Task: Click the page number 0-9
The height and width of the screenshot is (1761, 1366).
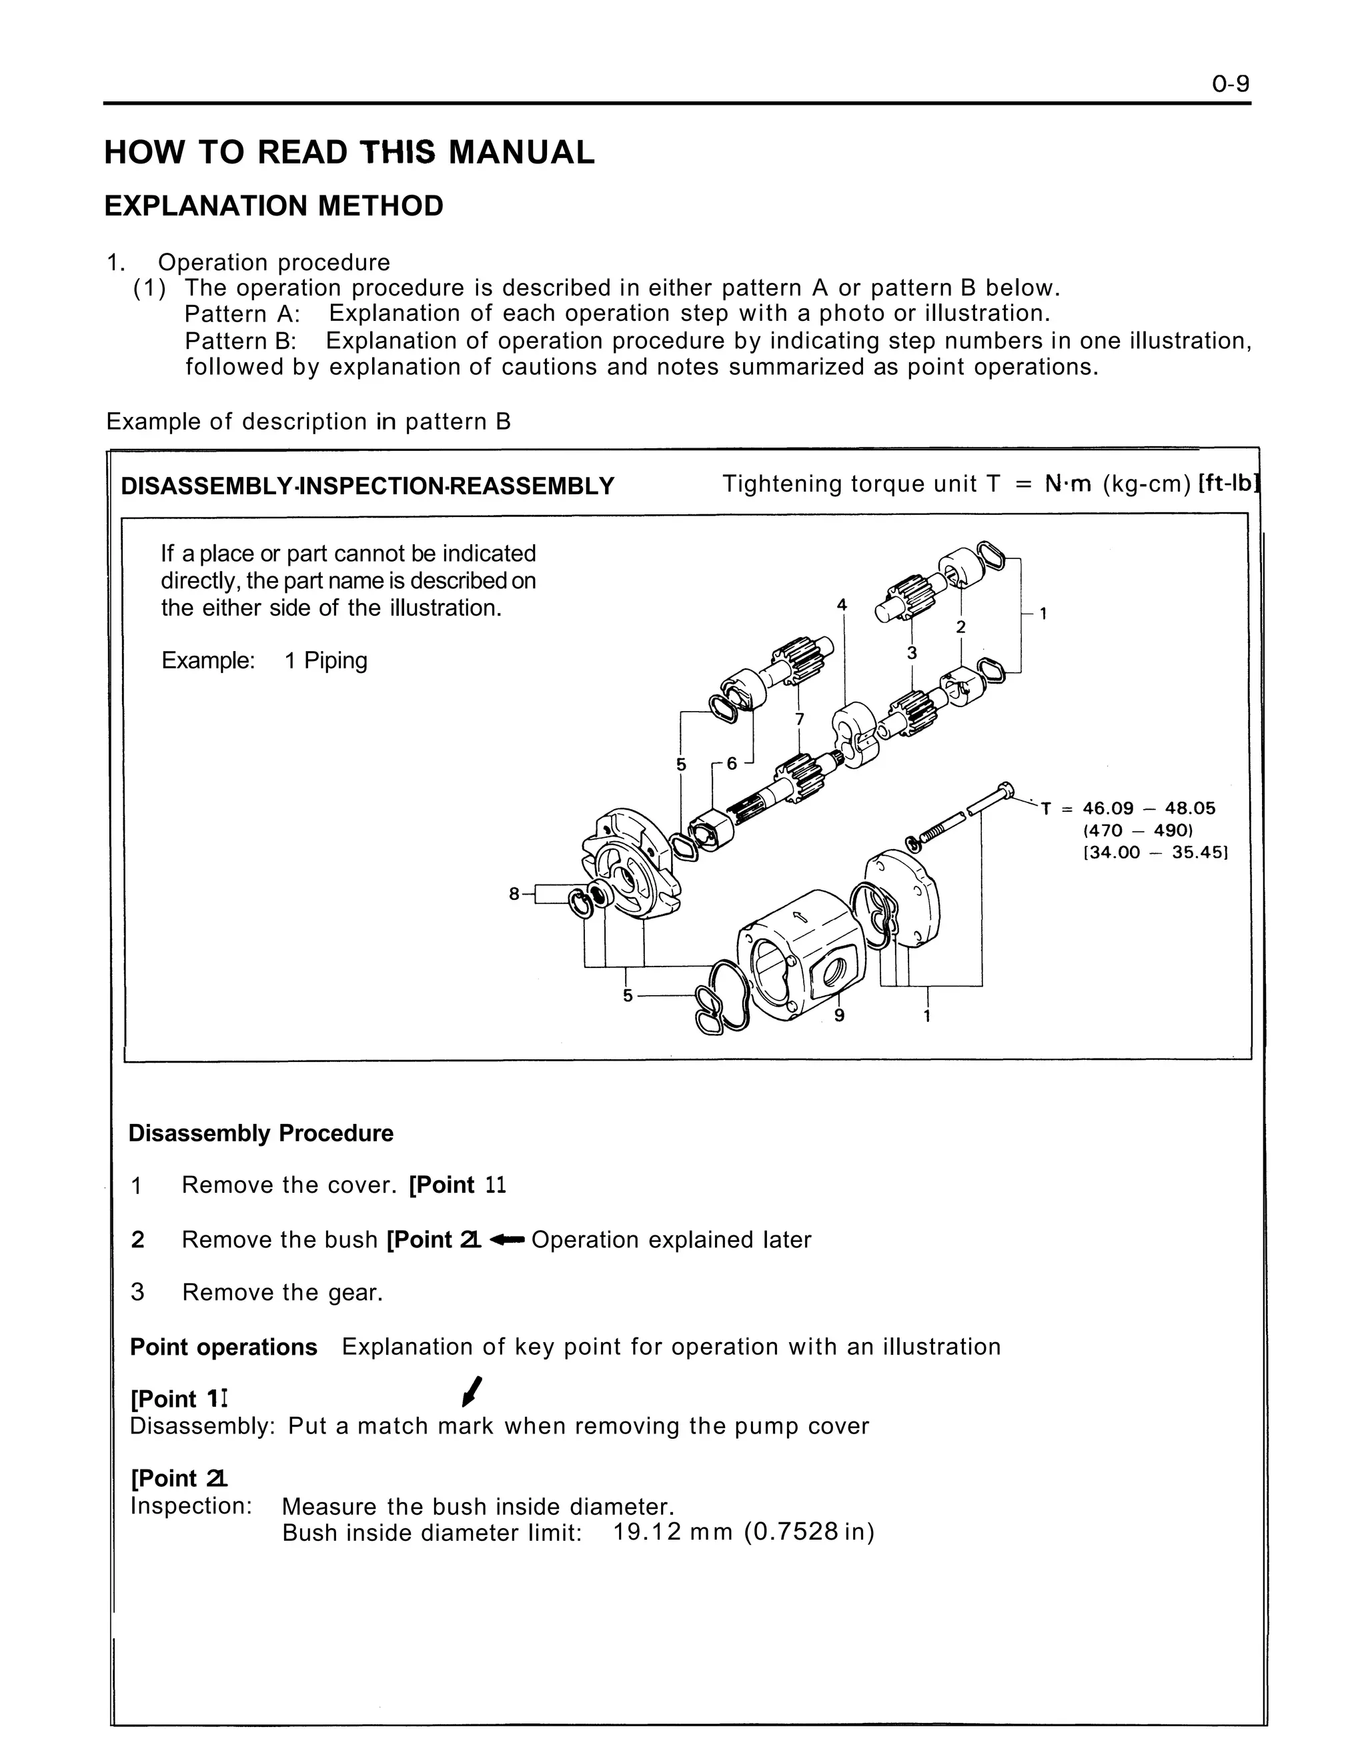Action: [1230, 84]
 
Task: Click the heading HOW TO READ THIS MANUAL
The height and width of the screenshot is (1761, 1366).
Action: [349, 152]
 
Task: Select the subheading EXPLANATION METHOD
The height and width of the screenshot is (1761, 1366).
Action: [273, 206]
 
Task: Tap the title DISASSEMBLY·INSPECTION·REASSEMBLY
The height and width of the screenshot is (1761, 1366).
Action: [367, 486]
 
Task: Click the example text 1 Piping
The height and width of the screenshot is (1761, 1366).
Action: [325, 660]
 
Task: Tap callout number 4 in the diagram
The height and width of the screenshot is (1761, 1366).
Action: [842, 605]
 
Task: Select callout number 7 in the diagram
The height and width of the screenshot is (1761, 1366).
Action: [799, 718]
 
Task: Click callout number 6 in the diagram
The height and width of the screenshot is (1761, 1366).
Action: [732, 763]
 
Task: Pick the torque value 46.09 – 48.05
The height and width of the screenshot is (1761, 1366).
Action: [1149, 808]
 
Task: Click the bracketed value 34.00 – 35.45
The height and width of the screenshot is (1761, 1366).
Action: [1155, 853]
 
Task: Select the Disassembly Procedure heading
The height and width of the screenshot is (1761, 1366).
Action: [260, 1133]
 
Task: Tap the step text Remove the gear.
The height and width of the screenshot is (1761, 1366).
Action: [282, 1293]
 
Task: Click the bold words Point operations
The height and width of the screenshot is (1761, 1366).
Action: [223, 1347]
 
